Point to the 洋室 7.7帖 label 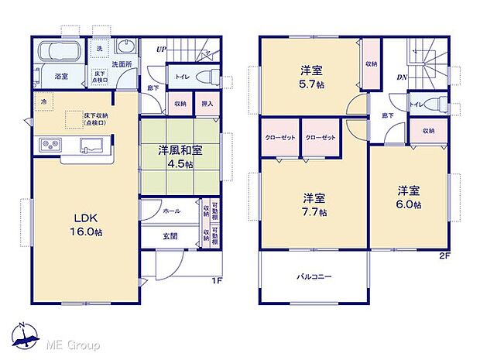(314, 203)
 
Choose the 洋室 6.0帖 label (410, 197)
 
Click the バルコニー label (313, 276)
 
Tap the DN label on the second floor (403, 77)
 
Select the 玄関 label (171, 236)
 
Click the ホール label (172, 211)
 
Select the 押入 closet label (207, 103)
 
